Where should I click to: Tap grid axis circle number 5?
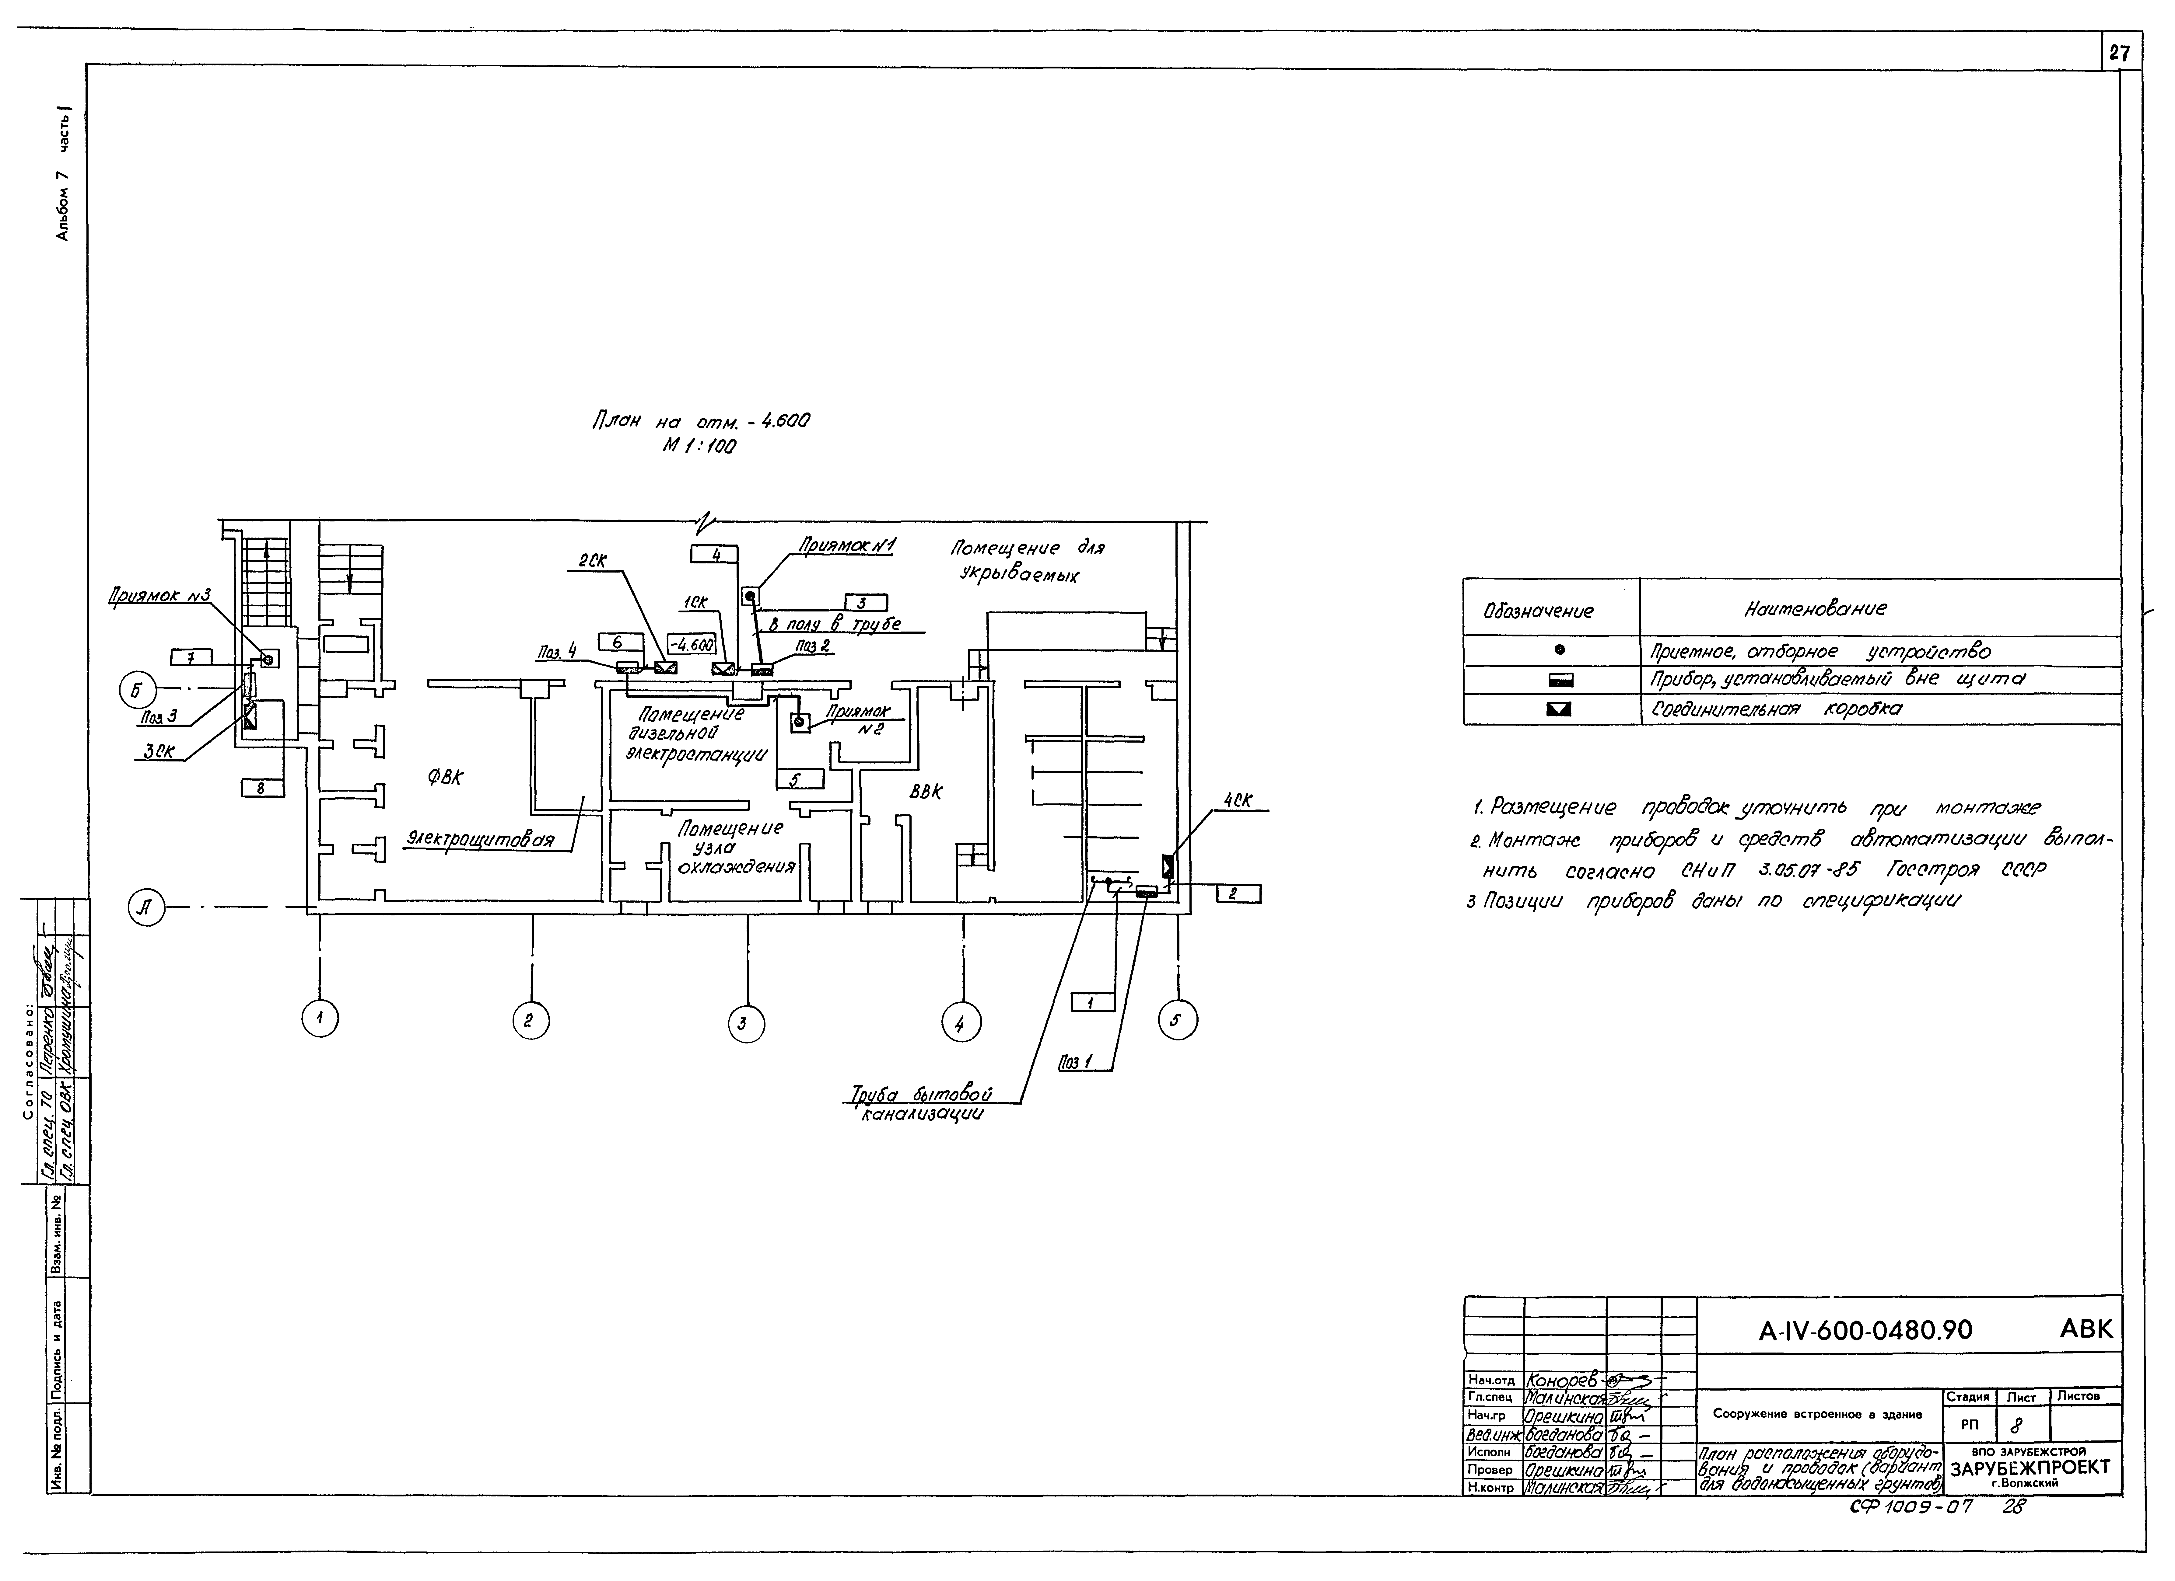[1178, 1020]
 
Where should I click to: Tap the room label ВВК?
[926, 792]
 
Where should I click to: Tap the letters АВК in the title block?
[2086, 1329]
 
